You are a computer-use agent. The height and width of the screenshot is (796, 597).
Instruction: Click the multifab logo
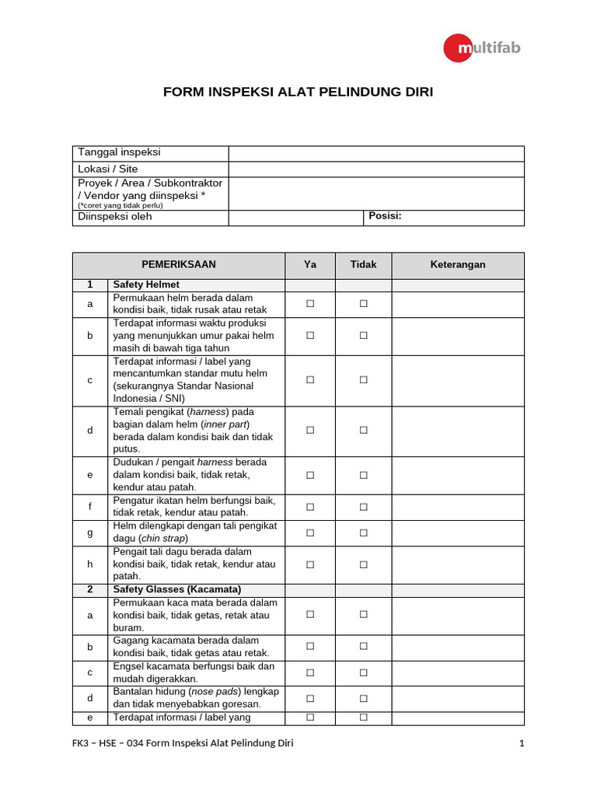pos(482,48)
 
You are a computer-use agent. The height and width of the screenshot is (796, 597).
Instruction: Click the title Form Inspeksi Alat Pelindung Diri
pos(298,92)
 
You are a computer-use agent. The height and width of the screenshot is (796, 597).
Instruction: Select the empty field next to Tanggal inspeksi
pos(376,153)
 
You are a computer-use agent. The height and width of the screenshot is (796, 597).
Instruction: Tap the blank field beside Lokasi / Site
pos(376,169)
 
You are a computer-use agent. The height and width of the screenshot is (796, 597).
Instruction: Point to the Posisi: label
pos(385,216)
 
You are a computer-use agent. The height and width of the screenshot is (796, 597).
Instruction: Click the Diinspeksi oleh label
pos(115,217)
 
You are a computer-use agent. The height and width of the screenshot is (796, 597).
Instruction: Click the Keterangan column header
pos(458,265)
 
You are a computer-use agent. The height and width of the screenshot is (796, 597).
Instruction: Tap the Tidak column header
pos(363,265)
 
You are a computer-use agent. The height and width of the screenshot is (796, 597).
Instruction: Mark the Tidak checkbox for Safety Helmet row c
pos(363,380)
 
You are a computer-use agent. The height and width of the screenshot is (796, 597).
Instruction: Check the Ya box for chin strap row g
pos(309,533)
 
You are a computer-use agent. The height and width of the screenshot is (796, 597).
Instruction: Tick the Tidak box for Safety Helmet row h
pos(363,564)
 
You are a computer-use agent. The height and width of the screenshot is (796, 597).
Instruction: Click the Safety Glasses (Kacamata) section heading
pos(176,589)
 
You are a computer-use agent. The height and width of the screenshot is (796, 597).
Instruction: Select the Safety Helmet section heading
pos(146,285)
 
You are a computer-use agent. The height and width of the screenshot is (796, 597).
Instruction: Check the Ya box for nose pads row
pos(309,699)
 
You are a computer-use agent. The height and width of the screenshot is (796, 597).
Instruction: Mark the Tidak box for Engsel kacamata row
pos(363,673)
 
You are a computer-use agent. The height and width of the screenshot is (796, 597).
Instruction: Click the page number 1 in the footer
pos(522,744)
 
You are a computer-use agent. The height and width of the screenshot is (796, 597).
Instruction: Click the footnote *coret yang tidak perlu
pos(120,206)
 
